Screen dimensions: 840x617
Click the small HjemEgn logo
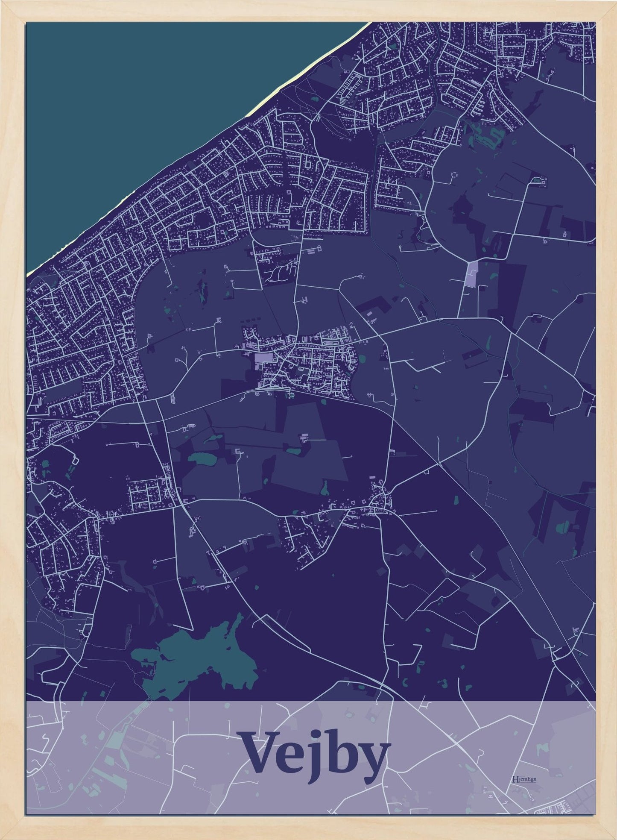(x=523, y=779)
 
